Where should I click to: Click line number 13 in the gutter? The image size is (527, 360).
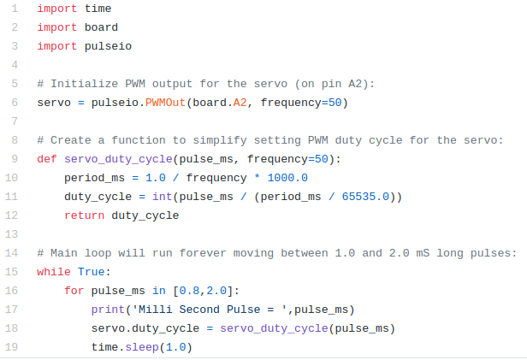point(11,234)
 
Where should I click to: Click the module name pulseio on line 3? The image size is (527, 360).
point(108,46)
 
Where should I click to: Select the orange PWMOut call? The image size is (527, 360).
point(165,103)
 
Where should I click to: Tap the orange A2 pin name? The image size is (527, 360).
point(240,103)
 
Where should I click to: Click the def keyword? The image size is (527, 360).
point(47,159)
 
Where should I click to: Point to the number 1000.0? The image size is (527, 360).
point(287,178)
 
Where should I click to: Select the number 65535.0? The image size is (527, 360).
point(365,197)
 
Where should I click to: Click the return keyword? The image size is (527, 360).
point(85,215)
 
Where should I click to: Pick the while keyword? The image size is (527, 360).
point(54,272)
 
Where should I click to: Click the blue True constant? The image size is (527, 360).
point(91,272)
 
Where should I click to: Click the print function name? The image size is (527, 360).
point(108,310)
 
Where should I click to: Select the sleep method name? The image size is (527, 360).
point(142,347)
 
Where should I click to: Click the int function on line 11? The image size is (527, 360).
point(162,197)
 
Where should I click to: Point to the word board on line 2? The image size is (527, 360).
point(101,27)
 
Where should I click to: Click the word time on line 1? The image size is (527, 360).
point(98,9)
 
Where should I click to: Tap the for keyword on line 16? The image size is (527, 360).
point(74,291)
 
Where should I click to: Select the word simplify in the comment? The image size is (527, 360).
point(220,140)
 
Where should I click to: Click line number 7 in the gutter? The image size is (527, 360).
point(15,121)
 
